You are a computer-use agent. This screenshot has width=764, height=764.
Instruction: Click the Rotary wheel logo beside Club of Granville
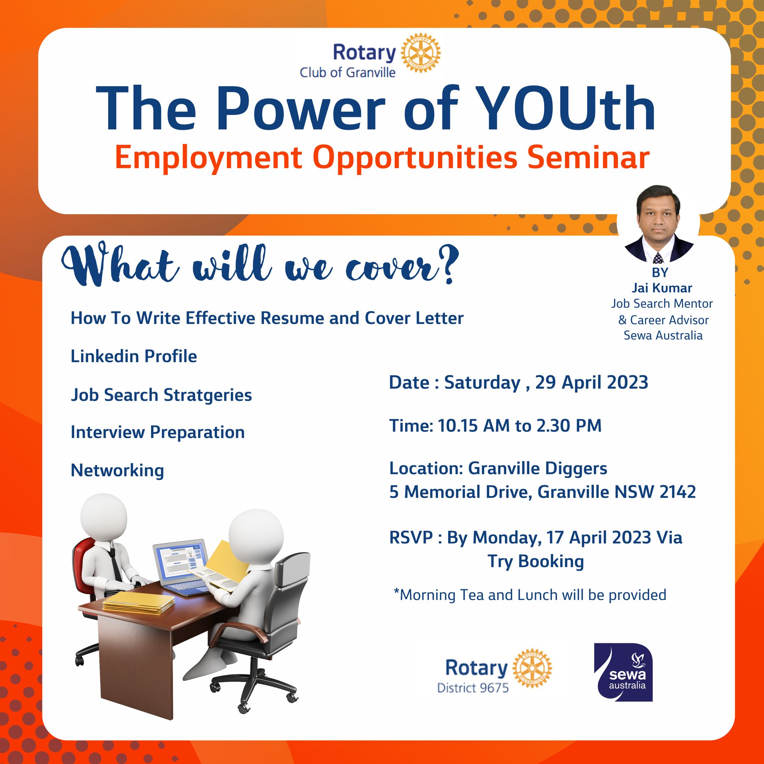point(420,53)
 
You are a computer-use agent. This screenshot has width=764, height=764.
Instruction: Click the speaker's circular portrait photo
point(658,224)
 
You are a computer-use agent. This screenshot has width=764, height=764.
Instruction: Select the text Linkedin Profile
point(134,356)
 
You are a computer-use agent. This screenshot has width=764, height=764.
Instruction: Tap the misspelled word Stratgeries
point(208,395)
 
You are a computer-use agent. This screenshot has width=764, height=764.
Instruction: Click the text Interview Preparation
point(158,433)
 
